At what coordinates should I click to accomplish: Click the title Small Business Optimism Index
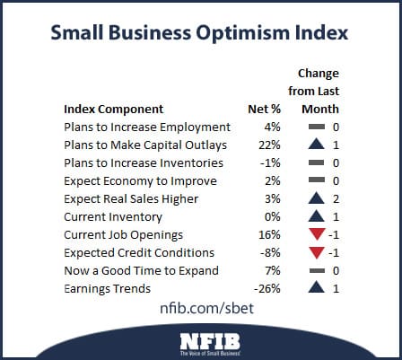pyautogui.click(x=201, y=34)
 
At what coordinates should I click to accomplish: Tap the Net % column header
pyautogui.click(x=264, y=110)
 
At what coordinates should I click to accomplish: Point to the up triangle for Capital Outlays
pyautogui.click(x=315, y=145)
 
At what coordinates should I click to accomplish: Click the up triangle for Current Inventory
pyautogui.click(x=315, y=216)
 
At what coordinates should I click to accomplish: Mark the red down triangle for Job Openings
pyautogui.click(x=315, y=235)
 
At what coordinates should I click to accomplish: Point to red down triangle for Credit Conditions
pyautogui.click(x=315, y=253)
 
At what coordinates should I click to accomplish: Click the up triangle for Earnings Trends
pyautogui.click(x=315, y=288)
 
